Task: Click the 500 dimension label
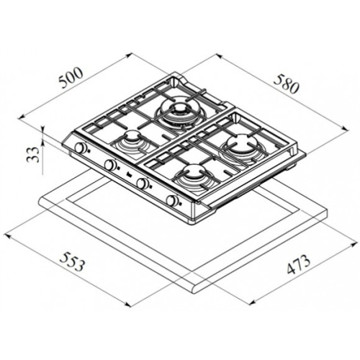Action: coord(71,78)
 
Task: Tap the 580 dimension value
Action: coord(287,84)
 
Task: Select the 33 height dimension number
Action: coord(34,155)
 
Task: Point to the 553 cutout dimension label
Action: coord(73,262)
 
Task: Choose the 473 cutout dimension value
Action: coord(299,265)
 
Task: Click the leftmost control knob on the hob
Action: coord(81,148)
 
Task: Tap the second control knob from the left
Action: coord(110,165)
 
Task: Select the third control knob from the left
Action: coord(142,183)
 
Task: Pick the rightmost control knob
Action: coord(172,200)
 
